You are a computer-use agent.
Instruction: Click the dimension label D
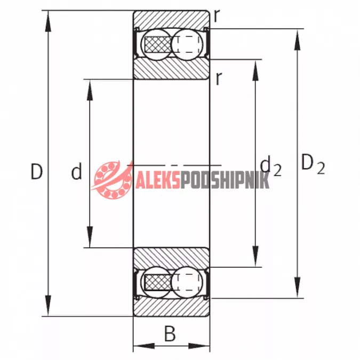point(37,171)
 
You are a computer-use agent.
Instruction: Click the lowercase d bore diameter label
point(76,171)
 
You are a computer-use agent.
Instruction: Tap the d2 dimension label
point(270,165)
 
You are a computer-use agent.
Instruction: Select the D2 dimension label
point(313,164)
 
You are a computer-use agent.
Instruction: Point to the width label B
point(170,333)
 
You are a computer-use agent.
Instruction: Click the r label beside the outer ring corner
point(217,15)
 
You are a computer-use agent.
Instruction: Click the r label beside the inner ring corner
point(219,78)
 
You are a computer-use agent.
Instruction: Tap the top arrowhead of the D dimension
point(48,21)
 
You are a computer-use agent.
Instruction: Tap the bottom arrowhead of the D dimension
point(48,306)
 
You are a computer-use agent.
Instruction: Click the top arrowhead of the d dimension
point(90,90)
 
